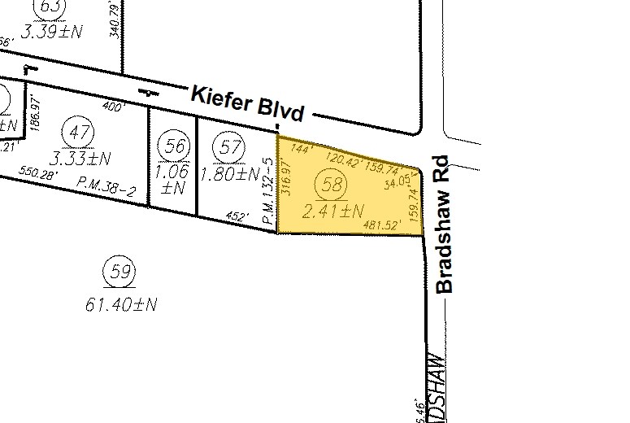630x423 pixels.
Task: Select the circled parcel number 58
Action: [332, 185]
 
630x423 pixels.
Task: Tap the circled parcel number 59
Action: [120, 273]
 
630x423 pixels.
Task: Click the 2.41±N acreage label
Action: [332, 212]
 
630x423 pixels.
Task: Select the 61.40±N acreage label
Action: [120, 304]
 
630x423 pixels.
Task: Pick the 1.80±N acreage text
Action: [230, 173]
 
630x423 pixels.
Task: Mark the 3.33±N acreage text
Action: [80, 156]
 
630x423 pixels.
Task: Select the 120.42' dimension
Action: [341, 158]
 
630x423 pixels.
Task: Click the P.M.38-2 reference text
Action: [106, 186]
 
